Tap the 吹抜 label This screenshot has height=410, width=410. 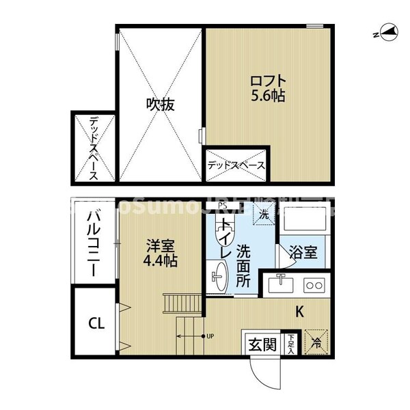(161, 104)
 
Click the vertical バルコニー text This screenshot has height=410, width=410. (94, 243)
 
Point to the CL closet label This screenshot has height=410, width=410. (96, 323)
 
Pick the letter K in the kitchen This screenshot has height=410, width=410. (299, 312)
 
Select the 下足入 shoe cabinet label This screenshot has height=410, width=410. (292, 342)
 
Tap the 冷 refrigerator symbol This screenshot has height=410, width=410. (316, 342)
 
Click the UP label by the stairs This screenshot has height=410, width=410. (210, 336)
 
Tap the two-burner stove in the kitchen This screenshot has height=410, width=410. (315, 284)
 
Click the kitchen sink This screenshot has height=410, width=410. (279, 284)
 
